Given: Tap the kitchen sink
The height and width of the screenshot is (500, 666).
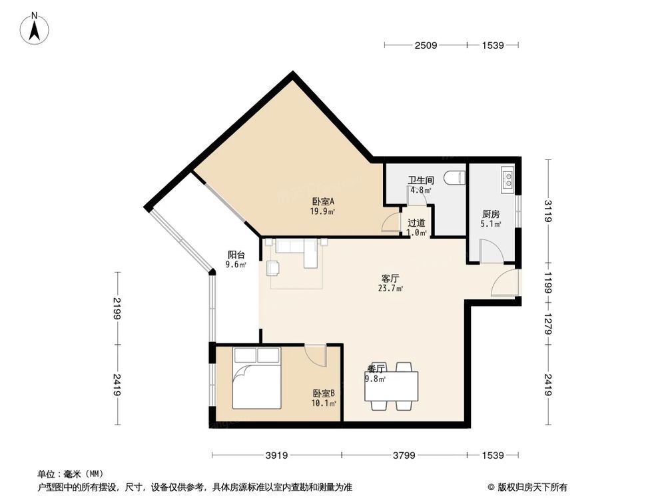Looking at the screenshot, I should (507, 178).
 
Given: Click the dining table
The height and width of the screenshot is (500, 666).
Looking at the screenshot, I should (392, 386).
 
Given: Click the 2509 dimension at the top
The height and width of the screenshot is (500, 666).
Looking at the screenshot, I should (425, 45).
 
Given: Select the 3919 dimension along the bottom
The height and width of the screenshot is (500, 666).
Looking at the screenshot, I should (276, 456).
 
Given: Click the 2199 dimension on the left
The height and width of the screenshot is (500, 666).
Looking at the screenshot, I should (118, 308).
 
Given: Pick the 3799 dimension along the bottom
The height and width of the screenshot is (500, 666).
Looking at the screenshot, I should (404, 456).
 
